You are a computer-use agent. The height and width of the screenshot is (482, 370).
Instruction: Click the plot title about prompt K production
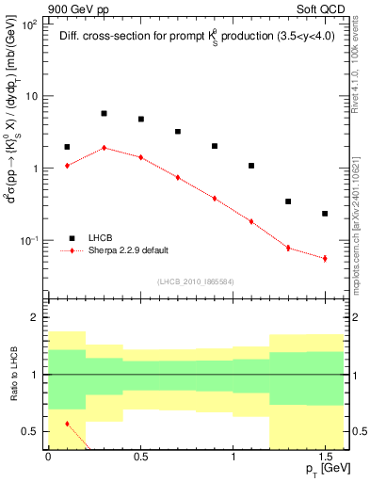tap(196, 37)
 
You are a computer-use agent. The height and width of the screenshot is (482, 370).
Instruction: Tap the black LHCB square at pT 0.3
tap(104, 113)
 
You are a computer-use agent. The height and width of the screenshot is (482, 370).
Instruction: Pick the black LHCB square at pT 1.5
tap(325, 214)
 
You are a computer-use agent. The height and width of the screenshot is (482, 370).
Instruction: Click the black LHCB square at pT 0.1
tap(67, 147)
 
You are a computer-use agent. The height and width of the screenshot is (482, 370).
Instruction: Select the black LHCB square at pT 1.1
tap(251, 166)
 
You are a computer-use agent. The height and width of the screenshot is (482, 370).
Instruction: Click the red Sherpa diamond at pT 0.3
tap(104, 148)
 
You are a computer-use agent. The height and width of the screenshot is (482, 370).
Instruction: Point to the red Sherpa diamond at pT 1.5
tap(325, 258)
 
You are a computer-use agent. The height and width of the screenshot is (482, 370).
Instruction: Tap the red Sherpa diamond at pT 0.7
tap(177, 177)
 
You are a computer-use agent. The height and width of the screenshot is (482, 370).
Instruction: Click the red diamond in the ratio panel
tap(67, 424)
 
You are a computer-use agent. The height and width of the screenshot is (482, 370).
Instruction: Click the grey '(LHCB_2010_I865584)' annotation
tap(195, 281)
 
